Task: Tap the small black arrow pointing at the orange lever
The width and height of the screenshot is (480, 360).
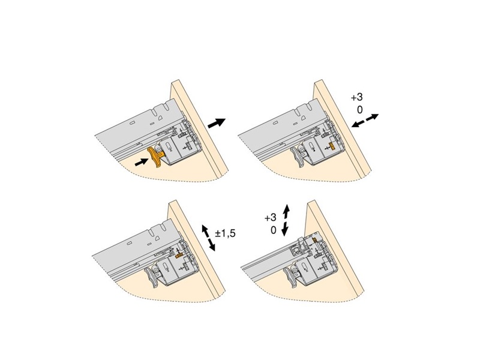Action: point(141,162)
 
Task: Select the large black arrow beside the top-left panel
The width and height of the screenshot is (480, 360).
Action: point(217,123)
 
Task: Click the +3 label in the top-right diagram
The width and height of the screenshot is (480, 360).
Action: point(357,97)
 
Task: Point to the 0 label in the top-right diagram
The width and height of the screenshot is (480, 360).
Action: point(359,109)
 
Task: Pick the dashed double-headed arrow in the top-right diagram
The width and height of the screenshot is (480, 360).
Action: point(365,121)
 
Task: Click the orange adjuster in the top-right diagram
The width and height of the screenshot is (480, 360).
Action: point(331,146)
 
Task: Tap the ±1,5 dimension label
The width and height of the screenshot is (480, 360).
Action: point(226,233)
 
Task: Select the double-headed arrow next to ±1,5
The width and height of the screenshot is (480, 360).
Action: point(208,238)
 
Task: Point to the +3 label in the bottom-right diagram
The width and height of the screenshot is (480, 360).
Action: point(271,217)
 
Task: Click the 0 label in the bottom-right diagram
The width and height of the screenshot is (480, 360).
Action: point(274,230)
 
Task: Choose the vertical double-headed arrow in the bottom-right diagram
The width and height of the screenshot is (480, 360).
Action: point(286,220)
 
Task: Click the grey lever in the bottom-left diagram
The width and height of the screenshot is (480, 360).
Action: point(154,277)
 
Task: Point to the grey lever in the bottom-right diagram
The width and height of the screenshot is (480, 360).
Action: point(292,277)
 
